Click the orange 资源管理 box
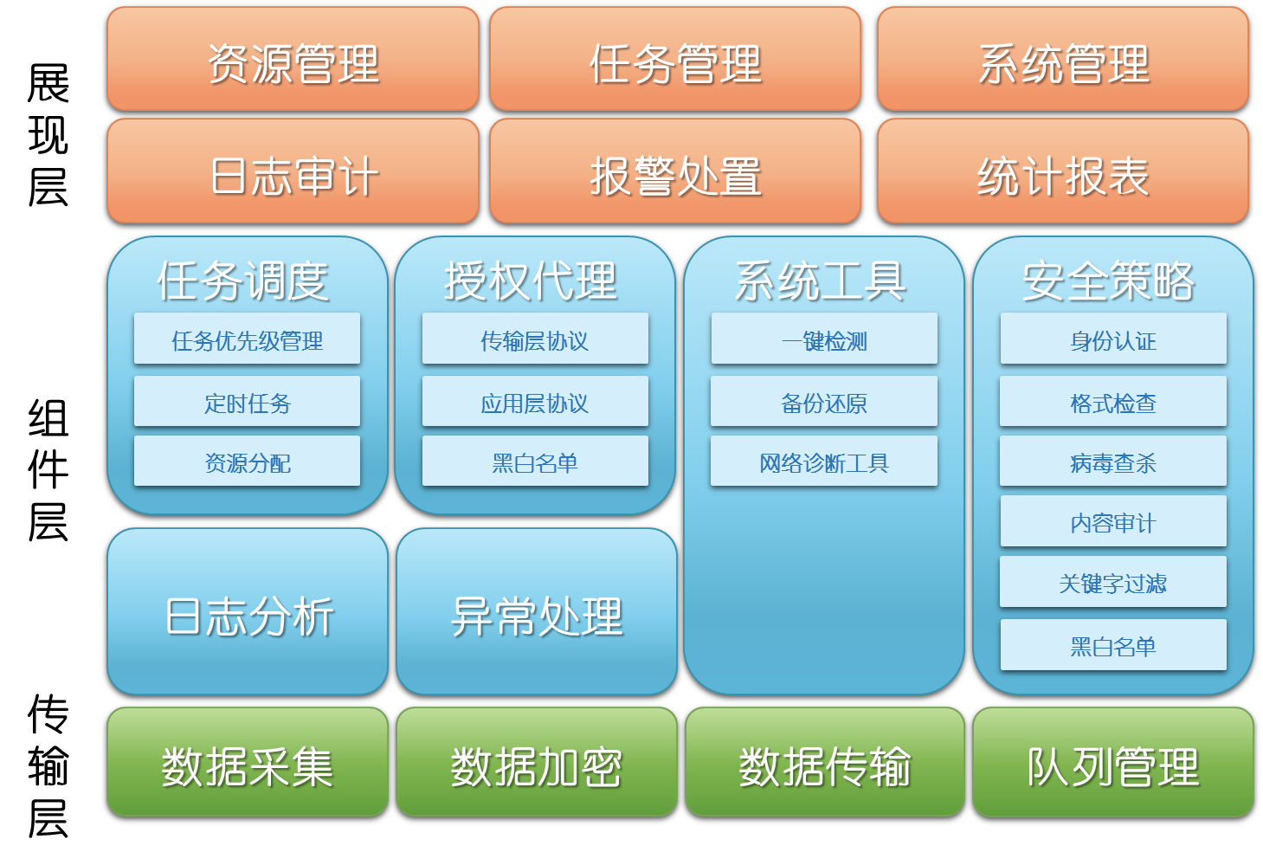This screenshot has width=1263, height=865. tap(293, 59)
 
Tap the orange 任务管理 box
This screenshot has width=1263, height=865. tap(675, 59)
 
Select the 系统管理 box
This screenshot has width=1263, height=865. tap(1063, 59)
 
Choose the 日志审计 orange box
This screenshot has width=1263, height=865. tap(293, 171)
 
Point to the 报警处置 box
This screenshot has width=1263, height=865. tap(675, 171)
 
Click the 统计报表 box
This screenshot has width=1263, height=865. tap(1063, 171)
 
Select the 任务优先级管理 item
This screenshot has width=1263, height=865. tap(247, 339)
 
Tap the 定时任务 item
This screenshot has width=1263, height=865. tap(247, 401)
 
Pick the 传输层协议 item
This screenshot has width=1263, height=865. tap(535, 339)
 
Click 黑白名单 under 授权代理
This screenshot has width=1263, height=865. tap(535, 461)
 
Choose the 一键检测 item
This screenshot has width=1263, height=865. tap(824, 339)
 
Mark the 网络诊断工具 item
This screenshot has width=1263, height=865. tap(824, 461)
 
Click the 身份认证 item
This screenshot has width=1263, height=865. tap(1113, 339)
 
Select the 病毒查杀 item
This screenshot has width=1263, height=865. tap(1113, 461)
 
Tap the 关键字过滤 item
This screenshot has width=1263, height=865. tap(1113, 582)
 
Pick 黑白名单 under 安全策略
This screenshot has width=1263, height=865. tap(1113, 645)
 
